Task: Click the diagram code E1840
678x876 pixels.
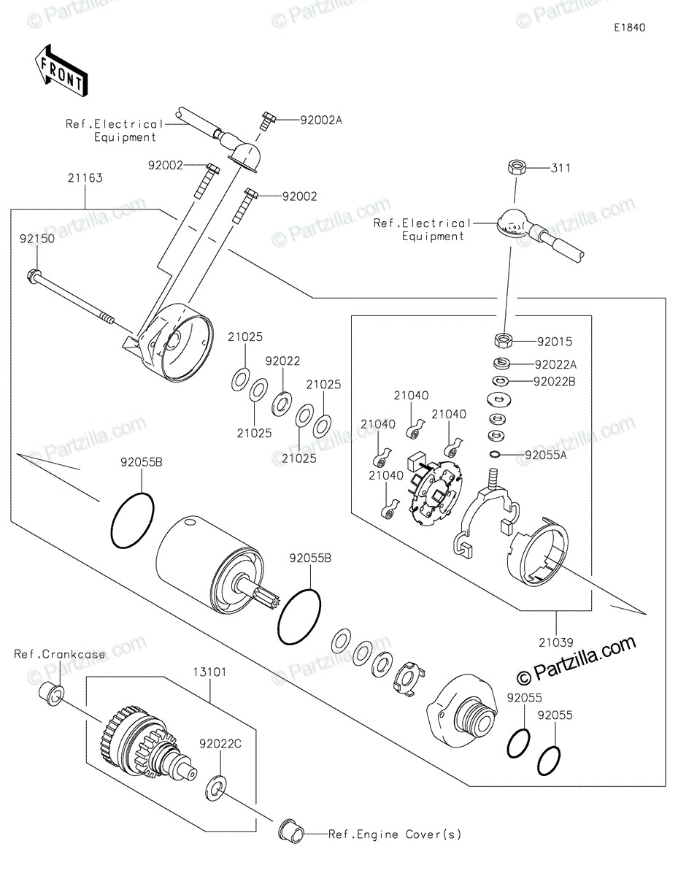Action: (630, 28)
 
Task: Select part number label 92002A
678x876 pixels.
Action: (321, 120)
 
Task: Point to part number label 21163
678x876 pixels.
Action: (85, 178)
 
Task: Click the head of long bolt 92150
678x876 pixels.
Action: (34, 276)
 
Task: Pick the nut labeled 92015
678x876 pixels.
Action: (503, 340)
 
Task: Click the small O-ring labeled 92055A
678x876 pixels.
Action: (495, 455)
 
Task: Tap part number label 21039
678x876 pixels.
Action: (556, 643)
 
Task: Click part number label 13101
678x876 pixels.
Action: (209, 672)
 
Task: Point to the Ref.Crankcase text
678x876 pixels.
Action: (60, 654)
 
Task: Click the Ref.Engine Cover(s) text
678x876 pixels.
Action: (395, 834)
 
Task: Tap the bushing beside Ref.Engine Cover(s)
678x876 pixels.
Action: (292, 835)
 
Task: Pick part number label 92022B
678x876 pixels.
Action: (555, 381)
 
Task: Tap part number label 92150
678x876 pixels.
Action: (37, 239)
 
